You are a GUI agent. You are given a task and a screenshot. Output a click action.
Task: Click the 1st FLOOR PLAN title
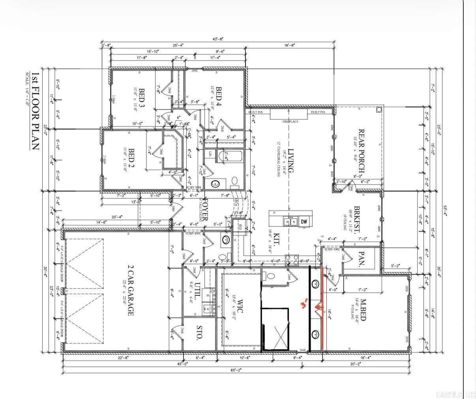(x=36, y=111)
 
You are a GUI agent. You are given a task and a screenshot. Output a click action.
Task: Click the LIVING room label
(x=291, y=161)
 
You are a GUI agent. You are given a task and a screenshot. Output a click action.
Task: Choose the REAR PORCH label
(x=361, y=151)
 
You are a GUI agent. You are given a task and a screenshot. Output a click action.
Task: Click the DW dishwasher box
(x=304, y=222)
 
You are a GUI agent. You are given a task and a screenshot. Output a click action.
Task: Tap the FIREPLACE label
(x=290, y=121)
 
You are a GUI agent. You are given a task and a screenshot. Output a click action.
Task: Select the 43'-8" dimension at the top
(x=218, y=39)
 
